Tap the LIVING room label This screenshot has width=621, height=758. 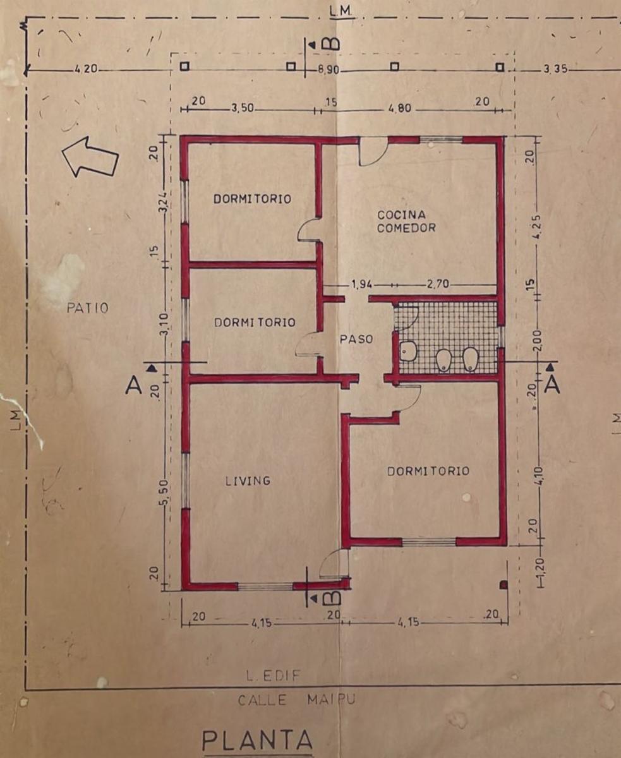(x=248, y=481)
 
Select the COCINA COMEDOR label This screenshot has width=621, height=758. (x=406, y=221)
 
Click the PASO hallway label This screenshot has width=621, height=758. (x=356, y=339)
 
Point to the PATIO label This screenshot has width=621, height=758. (x=88, y=308)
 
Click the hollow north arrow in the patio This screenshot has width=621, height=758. (x=90, y=157)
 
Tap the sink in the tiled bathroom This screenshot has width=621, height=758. (x=408, y=351)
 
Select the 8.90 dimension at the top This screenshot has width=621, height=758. (x=328, y=70)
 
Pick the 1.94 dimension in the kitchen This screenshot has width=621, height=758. (x=361, y=285)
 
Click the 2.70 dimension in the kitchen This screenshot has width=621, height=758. (x=438, y=284)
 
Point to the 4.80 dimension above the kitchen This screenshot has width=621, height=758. (x=400, y=108)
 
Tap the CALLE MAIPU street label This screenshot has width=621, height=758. (x=296, y=699)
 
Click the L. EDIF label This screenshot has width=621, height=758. (x=273, y=676)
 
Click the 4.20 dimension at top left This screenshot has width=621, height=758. (x=86, y=69)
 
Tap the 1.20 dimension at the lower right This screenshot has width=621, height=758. (x=542, y=570)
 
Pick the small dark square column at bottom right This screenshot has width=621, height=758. (x=504, y=585)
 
